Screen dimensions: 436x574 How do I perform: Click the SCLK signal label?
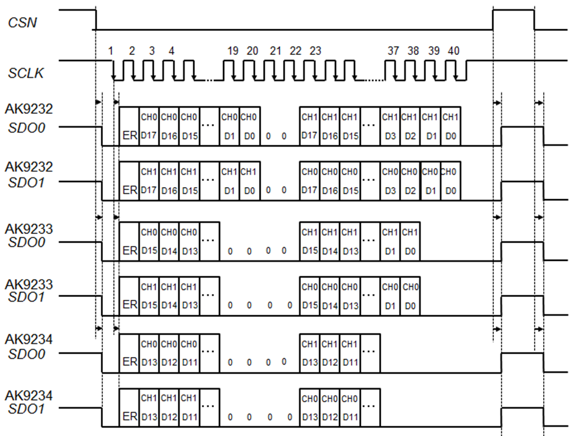pyautogui.click(x=25, y=73)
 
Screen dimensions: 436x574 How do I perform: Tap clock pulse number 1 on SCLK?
pyautogui.click(x=110, y=51)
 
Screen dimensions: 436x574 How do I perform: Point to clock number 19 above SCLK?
pyautogui.click(x=232, y=51)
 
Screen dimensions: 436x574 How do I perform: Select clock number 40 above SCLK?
pyautogui.click(x=453, y=51)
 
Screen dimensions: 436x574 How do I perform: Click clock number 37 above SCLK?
pyautogui.click(x=393, y=51)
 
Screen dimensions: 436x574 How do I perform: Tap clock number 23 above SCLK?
pyautogui.click(x=315, y=51)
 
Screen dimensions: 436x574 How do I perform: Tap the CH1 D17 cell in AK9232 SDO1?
pyautogui.click(x=149, y=180)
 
